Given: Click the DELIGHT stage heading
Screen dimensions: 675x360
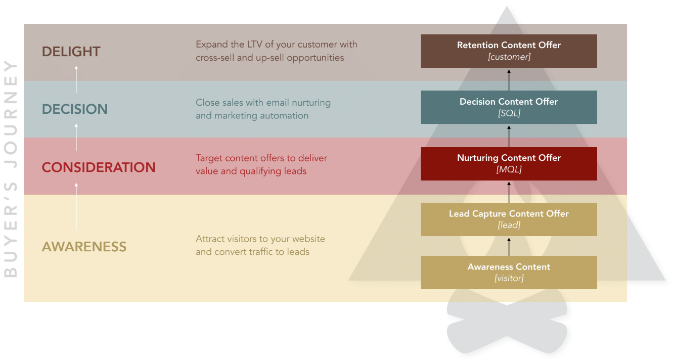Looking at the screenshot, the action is [x=71, y=52].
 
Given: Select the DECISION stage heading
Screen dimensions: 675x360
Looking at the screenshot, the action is [x=75, y=109].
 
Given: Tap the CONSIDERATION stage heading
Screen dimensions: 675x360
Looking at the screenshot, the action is [x=99, y=167].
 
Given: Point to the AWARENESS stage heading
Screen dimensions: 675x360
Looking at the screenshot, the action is [x=84, y=247].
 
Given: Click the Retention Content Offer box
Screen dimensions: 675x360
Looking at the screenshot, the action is [x=509, y=51].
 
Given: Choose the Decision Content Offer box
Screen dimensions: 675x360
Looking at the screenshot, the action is [x=509, y=107].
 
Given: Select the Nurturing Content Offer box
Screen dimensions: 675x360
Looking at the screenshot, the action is [x=509, y=164].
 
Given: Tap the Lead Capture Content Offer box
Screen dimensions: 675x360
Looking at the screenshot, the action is [x=509, y=219].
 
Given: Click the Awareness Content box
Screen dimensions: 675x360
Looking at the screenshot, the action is [x=509, y=273].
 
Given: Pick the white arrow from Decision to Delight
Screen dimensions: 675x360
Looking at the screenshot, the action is [x=76, y=79].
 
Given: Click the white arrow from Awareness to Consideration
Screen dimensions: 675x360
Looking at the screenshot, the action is [x=76, y=207].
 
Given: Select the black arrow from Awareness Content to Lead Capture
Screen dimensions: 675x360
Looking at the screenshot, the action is [x=509, y=247].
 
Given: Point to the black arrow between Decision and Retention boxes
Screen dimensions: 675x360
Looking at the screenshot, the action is [x=509, y=80].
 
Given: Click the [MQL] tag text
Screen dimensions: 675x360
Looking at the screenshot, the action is [x=509, y=169].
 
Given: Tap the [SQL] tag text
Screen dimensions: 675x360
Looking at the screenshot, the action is [x=509, y=113].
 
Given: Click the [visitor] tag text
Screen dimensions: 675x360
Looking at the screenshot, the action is [x=509, y=278].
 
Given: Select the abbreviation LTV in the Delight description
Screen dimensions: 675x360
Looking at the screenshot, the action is [x=255, y=44].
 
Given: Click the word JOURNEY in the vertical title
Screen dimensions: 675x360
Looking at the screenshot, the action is [x=11, y=114].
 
